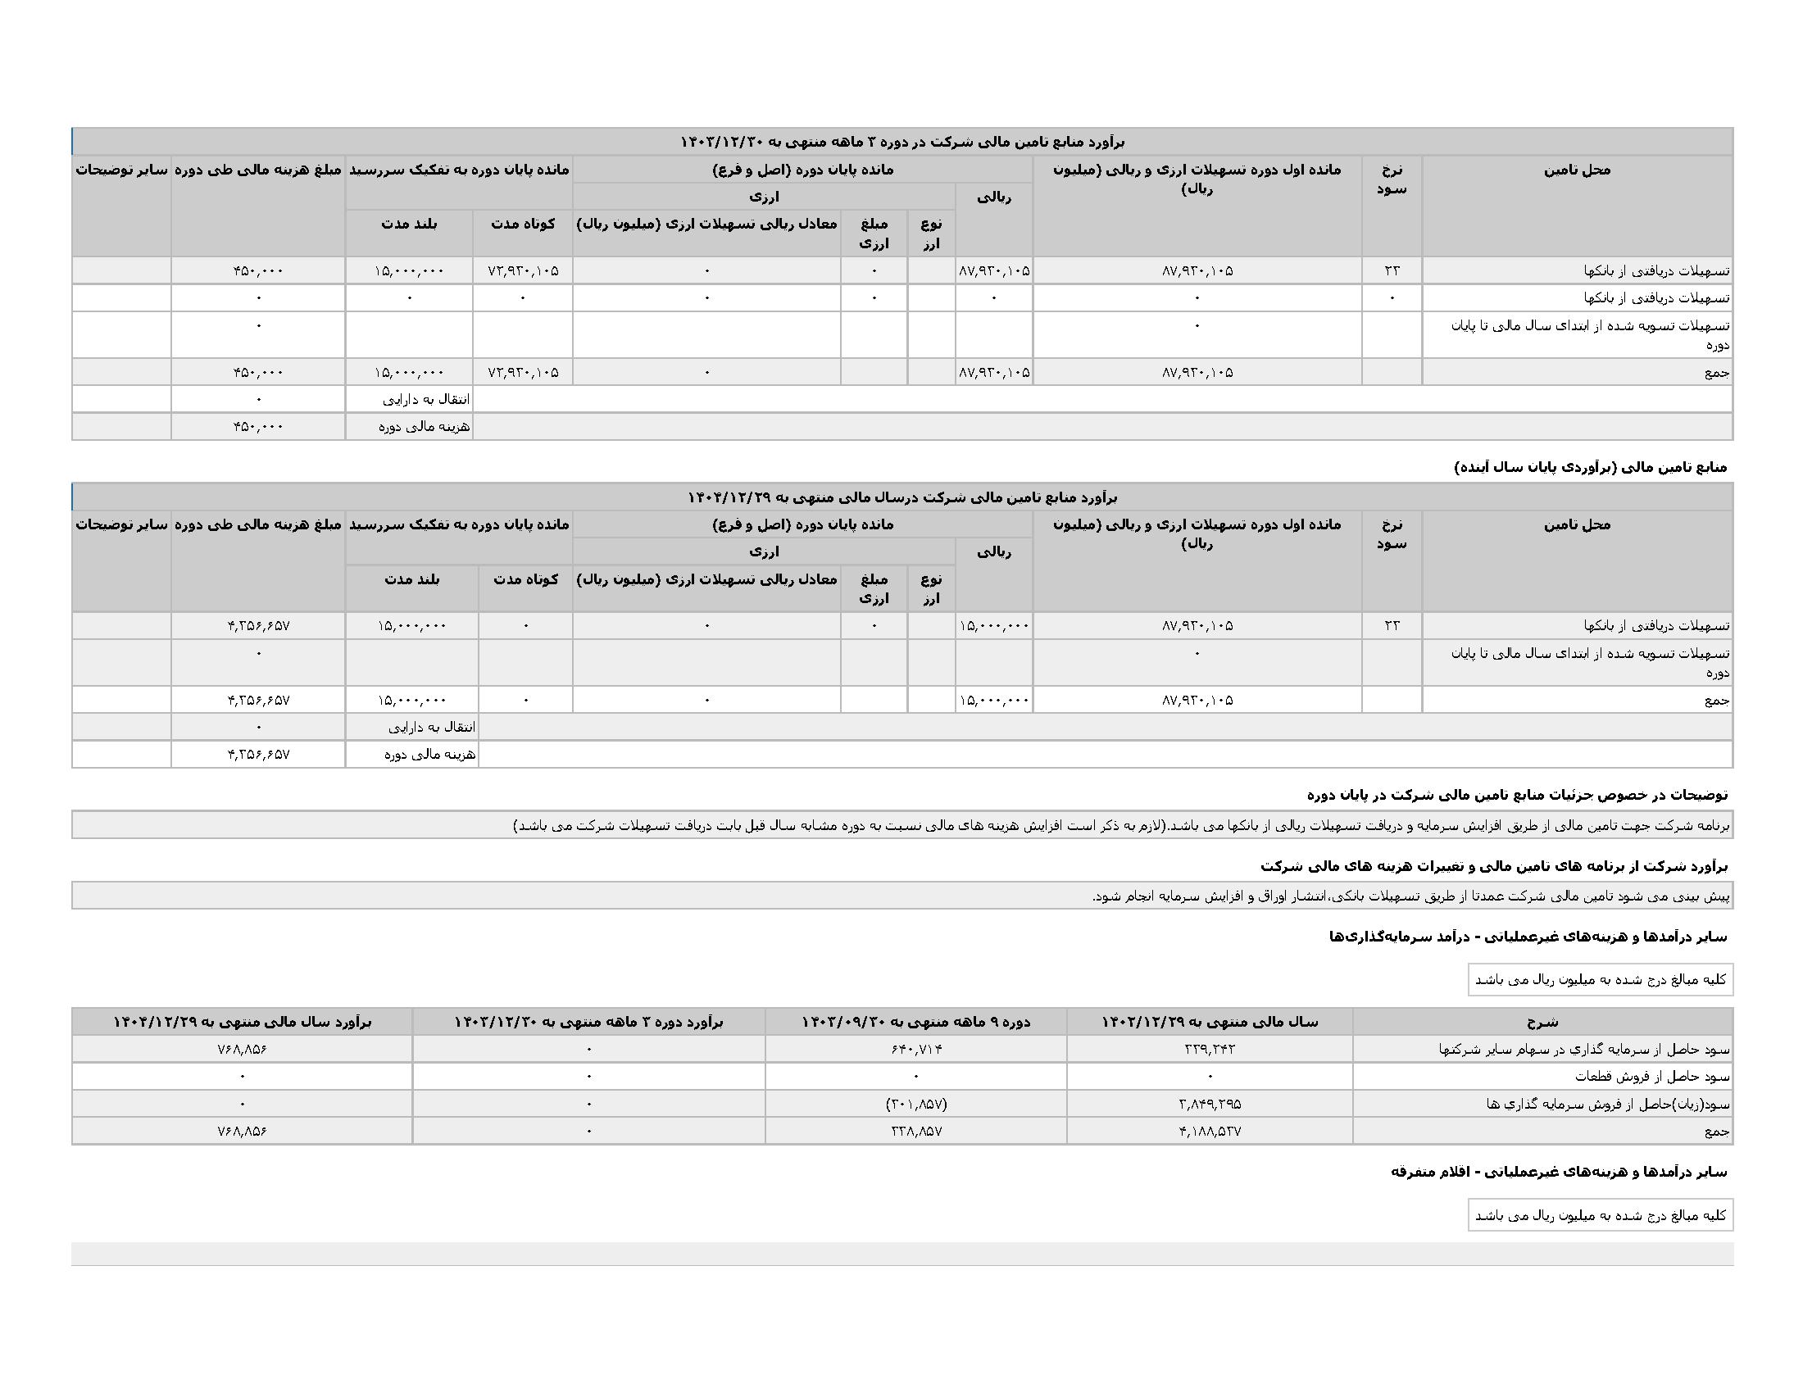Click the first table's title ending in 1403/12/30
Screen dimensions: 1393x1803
[901, 142]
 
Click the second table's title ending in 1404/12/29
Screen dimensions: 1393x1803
[901, 497]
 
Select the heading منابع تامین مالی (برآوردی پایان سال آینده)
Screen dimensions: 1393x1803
[1590, 467]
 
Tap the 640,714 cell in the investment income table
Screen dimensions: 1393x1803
[915, 1049]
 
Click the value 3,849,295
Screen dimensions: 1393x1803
[1210, 1104]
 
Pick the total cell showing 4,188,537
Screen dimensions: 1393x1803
[1210, 1131]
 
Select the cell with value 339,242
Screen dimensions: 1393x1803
[1210, 1049]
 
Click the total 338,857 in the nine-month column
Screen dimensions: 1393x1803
[915, 1131]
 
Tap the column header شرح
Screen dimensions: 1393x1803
[1542, 1022]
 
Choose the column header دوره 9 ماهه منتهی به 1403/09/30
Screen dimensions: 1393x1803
[915, 1022]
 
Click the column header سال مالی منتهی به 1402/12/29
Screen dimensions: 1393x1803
[1210, 1022]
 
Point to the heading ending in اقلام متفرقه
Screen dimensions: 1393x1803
[1559, 1172]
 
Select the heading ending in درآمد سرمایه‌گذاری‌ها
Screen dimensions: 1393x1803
[1528, 937]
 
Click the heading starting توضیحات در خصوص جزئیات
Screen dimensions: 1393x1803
[1517, 795]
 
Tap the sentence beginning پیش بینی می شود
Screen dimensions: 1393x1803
[1412, 896]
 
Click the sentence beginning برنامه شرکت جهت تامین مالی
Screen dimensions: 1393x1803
[1123, 825]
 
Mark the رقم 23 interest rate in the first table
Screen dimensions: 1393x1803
[1392, 270]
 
